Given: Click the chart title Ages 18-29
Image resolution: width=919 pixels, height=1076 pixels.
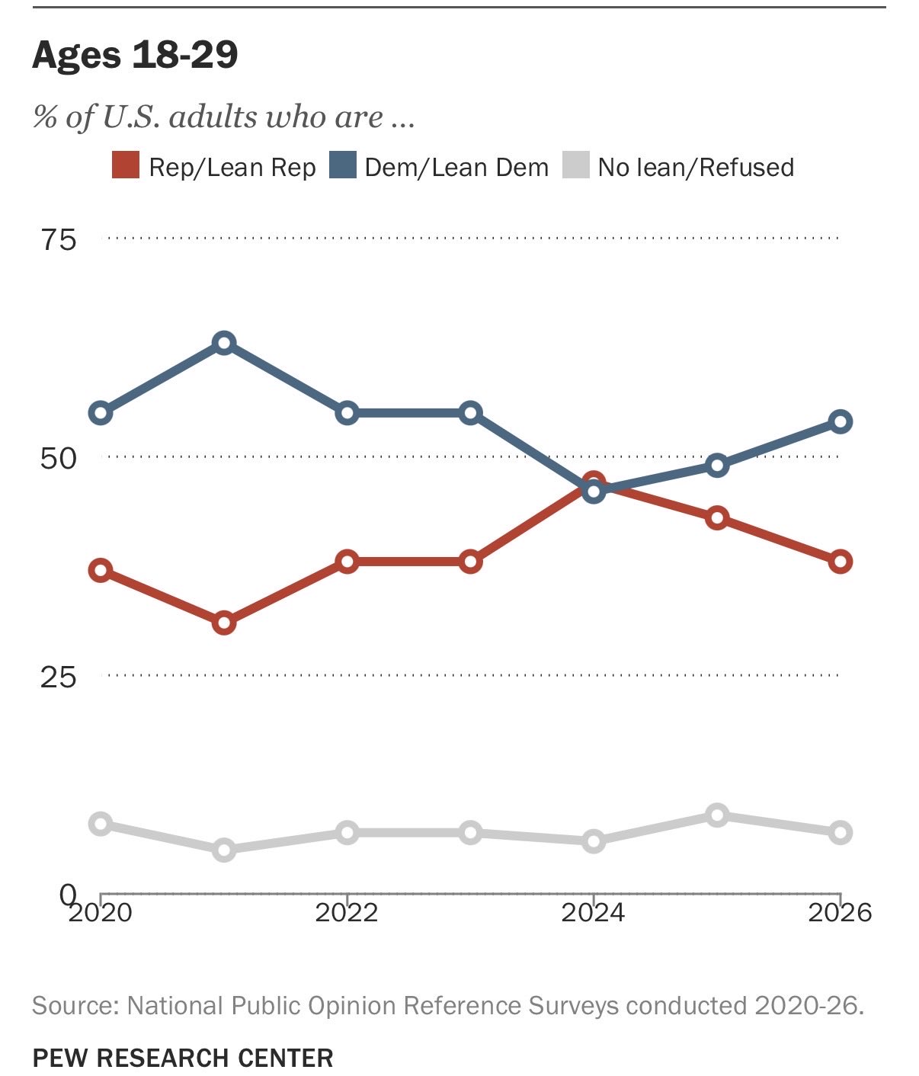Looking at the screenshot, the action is (135, 55).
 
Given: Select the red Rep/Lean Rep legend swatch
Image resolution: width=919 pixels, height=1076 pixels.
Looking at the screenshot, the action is (126, 165).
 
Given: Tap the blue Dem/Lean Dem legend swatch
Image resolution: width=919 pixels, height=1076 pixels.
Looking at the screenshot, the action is (343, 165).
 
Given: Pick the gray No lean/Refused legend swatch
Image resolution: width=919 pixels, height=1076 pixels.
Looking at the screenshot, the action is (576, 165).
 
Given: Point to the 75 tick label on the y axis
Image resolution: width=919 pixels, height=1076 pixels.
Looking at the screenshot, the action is (59, 241).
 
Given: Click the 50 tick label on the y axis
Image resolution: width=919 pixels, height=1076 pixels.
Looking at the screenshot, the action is (59, 460).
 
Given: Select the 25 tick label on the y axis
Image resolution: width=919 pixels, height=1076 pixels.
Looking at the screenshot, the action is (59, 677).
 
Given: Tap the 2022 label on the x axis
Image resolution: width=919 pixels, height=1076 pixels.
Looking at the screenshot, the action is (346, 913).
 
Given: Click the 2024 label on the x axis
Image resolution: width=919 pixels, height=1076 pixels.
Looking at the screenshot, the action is (593, 913).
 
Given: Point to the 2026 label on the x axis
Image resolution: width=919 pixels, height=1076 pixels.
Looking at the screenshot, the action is (840, 913).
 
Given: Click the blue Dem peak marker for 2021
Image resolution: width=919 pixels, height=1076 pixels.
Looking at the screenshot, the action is (224, 343).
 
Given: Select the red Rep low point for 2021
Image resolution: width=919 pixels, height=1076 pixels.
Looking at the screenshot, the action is (224, 623).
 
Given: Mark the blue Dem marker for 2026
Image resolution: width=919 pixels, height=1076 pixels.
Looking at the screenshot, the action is (841, 421).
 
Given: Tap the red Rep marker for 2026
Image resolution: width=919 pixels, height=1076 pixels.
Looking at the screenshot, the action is (841, 562).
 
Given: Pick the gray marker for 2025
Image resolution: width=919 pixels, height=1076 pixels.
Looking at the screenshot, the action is (717, 815).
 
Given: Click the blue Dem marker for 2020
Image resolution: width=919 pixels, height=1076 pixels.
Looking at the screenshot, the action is (101, 413).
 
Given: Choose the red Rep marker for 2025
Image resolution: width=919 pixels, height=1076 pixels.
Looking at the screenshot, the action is (717, 518).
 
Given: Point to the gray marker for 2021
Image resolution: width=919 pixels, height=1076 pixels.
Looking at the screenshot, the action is (224, 850).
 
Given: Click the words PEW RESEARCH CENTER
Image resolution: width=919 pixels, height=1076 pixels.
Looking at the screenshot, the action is (183, 1058).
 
